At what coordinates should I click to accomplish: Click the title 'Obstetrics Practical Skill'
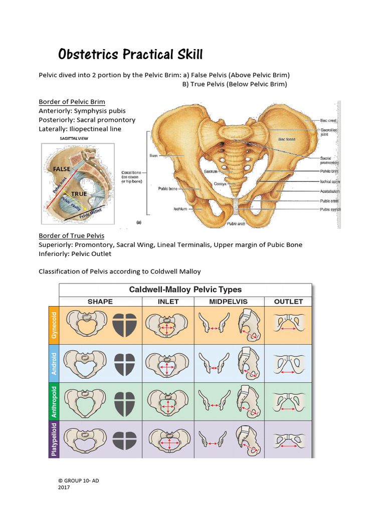pyautogui.click(x=131, y=54)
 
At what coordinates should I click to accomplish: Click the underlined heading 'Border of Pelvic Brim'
pyautogui.click(x=72, y=102)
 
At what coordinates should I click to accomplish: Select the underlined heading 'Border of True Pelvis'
pyautogui.click(x=71, y=235)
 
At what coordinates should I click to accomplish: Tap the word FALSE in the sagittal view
pyautogui.click(x=61, y=169)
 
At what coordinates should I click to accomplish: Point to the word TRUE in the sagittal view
pyautogui.click(x=79, y=193)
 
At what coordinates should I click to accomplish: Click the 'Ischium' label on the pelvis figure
pyautogui.click(x=180, y=209)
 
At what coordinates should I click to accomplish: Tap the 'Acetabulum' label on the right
pyautogui.click(x=329, y=191)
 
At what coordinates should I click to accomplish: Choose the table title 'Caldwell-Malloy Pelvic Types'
pyautogui.click(x=185, y=290)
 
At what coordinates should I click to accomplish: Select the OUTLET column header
pyautogui.click(x=288, y=302)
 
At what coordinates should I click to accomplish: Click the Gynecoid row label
pyautogui.click(x=54, y=325)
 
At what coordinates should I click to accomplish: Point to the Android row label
pyautogui.click(x=54, y=363)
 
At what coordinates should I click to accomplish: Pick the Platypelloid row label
pyautogui.click(x=54, y=439)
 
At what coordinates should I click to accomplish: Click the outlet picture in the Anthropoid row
pyautogui.click(x=288, y=401)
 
